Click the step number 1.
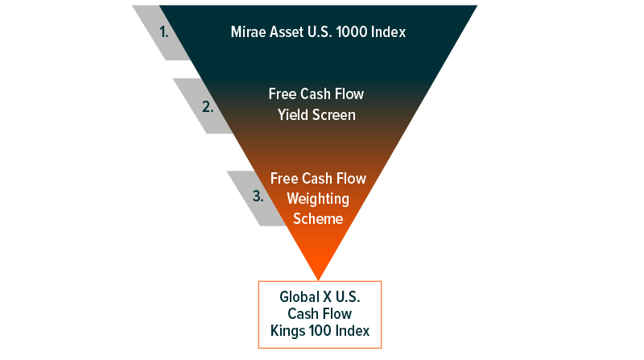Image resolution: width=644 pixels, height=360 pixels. pos(164,32)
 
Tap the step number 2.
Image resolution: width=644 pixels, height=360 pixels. pos(208,107)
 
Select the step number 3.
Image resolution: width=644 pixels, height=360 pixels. pos(258,196)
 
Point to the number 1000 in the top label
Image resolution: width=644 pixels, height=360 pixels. pos(351,32)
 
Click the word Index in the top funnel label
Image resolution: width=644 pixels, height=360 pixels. pos(388,32)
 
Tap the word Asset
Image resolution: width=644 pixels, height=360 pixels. pos(287,32)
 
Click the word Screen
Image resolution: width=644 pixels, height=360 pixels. pos(334,115)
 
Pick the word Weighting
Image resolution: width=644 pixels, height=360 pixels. pos(318,199)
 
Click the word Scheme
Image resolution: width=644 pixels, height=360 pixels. pos(318,218)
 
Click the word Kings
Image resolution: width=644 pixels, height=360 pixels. pos(287,331)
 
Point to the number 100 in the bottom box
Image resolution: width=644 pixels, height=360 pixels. pos(320,331)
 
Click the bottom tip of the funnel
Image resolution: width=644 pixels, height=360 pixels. pos(318,280)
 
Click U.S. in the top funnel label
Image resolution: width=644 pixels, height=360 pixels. pos(320,32)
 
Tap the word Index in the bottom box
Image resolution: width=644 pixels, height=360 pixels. pos(353,331)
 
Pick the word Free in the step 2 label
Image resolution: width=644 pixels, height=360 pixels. pos(283,94)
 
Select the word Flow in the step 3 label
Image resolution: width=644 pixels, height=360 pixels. pos(351,179)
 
